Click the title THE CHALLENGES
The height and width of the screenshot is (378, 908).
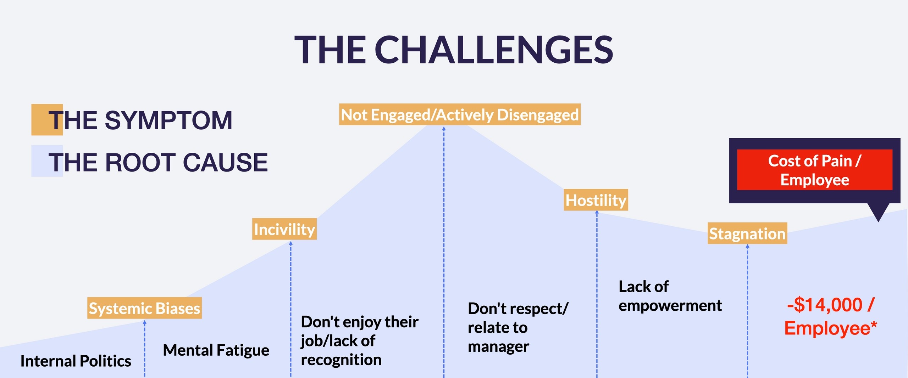point(454,50)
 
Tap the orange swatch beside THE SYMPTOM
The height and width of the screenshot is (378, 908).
point(47,120)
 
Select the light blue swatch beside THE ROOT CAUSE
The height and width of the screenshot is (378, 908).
point(47,161)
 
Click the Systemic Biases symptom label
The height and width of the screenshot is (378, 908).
point(144,308)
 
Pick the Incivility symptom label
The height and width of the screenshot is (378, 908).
point(284,229)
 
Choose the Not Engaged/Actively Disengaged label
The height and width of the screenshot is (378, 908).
point(460,114)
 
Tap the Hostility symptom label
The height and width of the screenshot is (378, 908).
point(596,200)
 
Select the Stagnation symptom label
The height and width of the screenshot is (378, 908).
point(747,233)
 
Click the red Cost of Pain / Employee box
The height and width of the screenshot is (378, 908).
point(815,170)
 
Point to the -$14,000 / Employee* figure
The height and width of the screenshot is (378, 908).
point(830,316)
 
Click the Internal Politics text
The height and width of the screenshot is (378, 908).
point(76,361)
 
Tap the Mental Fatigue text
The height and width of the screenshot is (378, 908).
point(216,350)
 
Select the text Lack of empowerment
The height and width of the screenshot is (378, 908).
point(670,296)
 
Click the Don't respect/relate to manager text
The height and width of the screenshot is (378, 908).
point(518,327)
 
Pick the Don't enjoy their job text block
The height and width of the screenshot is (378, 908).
point(359,340)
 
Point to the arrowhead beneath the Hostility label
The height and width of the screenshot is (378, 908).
point(597,213)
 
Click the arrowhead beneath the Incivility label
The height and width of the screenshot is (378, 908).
point(291,243)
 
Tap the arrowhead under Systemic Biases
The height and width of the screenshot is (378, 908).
point(145,322)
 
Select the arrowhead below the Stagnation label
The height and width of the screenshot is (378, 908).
point(748,247)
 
